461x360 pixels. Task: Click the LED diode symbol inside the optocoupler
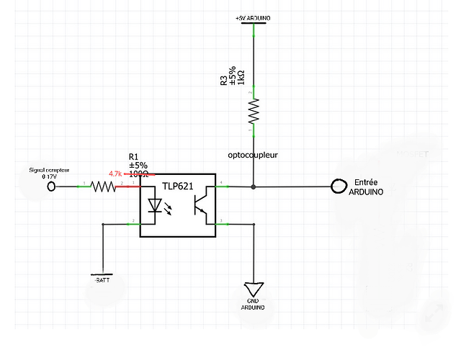[154, 206]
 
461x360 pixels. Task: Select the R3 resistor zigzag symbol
[253, 112]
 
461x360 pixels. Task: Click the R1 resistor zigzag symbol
[102, 187]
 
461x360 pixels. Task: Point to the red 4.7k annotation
[115, 174]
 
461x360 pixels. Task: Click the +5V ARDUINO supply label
[253, 17]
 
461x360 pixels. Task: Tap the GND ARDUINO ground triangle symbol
[253, 289]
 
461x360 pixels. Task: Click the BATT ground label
[103, 278]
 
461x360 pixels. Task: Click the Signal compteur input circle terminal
[51, 187]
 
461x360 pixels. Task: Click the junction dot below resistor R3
[253, 187]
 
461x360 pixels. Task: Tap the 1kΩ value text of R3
[241, 78]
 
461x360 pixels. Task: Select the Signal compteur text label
[49, 171]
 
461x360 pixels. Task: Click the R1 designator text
[133, 156]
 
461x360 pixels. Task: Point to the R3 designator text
[224, 81]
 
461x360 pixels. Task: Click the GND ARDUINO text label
[253, 304]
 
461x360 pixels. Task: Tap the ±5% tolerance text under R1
[138, 165]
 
